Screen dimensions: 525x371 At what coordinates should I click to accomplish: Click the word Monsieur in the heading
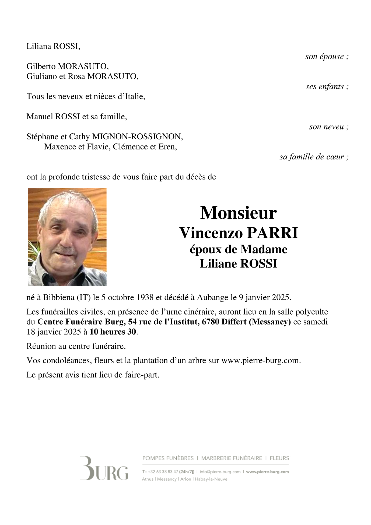coord(238,213)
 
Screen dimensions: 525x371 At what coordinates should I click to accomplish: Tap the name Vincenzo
coord(211,233)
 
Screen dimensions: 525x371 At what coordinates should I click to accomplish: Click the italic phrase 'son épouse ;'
coord(327,57)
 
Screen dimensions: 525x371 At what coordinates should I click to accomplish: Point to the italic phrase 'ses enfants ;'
coord(327,87)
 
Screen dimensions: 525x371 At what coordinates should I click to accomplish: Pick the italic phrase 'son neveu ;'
coord(329,127)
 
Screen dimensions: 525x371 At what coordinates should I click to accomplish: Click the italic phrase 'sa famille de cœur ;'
coord(314,157)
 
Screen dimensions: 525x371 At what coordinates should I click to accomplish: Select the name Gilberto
coord(41,66)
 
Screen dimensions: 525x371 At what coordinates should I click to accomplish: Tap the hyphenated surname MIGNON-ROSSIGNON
coord(137,137)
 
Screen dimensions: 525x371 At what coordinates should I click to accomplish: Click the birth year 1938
coord(145,298)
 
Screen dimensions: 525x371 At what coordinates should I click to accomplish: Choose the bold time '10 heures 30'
coord(113,332)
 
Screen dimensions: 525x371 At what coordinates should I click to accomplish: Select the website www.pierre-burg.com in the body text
coord(260,360)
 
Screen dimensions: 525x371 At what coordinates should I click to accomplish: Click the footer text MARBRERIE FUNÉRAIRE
coord(232,458)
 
